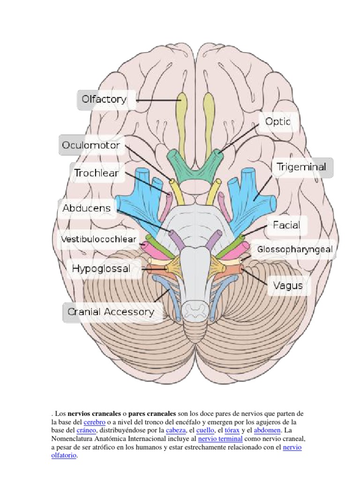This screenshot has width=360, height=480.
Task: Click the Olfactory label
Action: [104, 99]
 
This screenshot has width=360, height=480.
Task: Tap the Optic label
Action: [278, 121]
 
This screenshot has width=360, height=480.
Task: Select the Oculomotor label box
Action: [91, 145]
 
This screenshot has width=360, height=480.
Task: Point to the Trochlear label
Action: [96, 173]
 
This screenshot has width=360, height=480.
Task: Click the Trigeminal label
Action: [302, 167]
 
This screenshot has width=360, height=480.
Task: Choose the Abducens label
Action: [87, 208]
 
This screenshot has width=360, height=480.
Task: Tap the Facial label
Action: [286, 225]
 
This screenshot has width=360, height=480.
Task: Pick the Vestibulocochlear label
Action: [99, 240]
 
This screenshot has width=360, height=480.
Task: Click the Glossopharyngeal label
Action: [295, 249]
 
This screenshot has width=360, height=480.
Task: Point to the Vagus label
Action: [285, 285]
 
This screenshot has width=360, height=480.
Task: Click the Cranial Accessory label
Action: [111, 312]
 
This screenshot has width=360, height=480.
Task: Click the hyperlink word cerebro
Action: [94, 422]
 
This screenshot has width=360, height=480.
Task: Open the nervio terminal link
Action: [220, 439]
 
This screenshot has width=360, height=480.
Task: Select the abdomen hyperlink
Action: [267, 430]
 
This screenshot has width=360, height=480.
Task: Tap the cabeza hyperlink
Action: [175, 430]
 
